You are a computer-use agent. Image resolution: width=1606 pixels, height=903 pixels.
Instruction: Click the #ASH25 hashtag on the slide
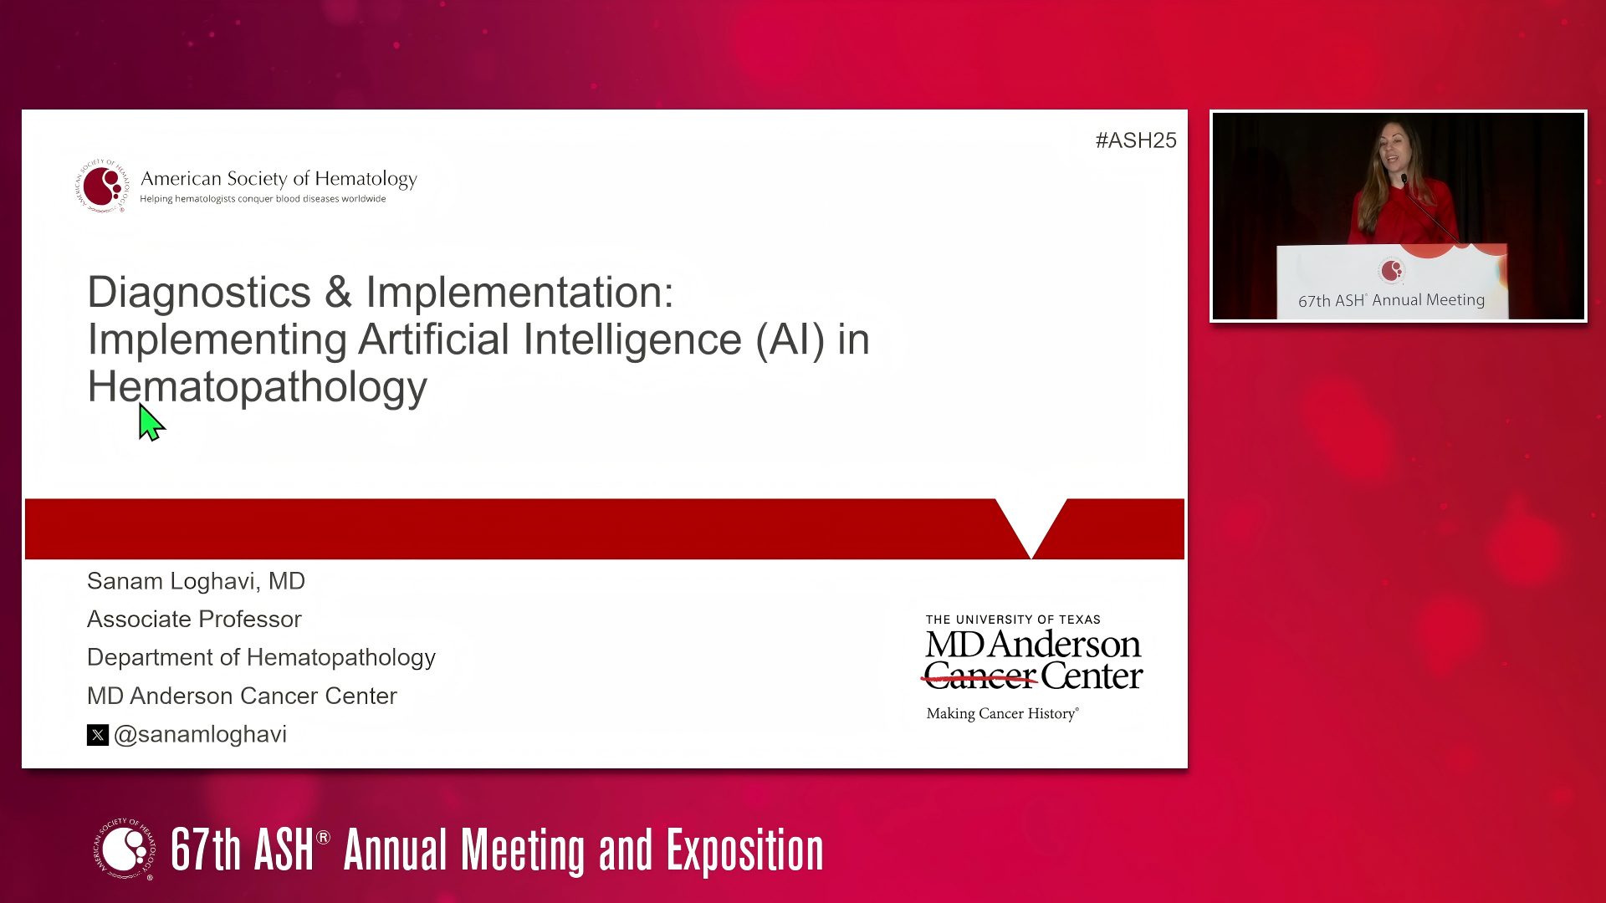coord(1136,140)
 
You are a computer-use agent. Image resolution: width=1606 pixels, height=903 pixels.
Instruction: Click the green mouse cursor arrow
coord(151,423)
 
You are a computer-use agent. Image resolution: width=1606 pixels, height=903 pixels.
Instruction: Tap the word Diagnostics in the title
coord(199,293)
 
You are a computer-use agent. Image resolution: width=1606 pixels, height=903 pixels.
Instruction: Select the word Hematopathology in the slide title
coord(258,388)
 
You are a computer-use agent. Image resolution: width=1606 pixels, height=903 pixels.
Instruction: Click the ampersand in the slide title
coord(339,293)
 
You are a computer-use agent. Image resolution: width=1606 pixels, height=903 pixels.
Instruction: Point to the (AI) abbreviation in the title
coord(790,340)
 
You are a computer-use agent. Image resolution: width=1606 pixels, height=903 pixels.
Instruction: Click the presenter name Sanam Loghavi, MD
coord(196,581)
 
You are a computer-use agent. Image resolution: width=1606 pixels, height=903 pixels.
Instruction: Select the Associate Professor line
coord(194,620)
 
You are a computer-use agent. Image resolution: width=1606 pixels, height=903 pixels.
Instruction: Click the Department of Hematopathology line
coord(261,658)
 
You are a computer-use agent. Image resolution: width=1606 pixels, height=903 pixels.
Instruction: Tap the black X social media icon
coord(98,735)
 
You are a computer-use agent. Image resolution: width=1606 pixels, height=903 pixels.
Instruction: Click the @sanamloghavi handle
coord(200,734)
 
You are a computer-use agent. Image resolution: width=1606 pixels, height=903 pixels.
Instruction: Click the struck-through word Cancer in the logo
coord(980,676)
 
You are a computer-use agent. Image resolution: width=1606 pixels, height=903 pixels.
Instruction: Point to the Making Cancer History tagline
coord(1002,713)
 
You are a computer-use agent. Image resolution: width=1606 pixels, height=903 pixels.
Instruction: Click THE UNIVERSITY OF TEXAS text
coord(1013,620)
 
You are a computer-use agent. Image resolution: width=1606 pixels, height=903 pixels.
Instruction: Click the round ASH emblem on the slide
coord(102,186)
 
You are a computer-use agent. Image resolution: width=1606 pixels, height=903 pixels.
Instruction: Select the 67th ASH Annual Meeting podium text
coord(1391,300)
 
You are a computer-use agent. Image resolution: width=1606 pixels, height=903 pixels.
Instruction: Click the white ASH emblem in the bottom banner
coord(125,849)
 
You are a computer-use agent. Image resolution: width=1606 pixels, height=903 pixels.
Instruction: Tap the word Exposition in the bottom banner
coord(744,851)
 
